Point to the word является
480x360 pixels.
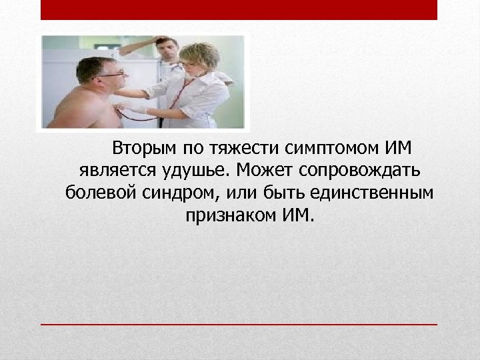point(112,170)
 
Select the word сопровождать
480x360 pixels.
point(357,170)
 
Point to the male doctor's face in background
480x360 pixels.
point(169,49)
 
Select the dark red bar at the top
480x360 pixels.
point(239,9)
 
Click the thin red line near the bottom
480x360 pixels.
point(239,324)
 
